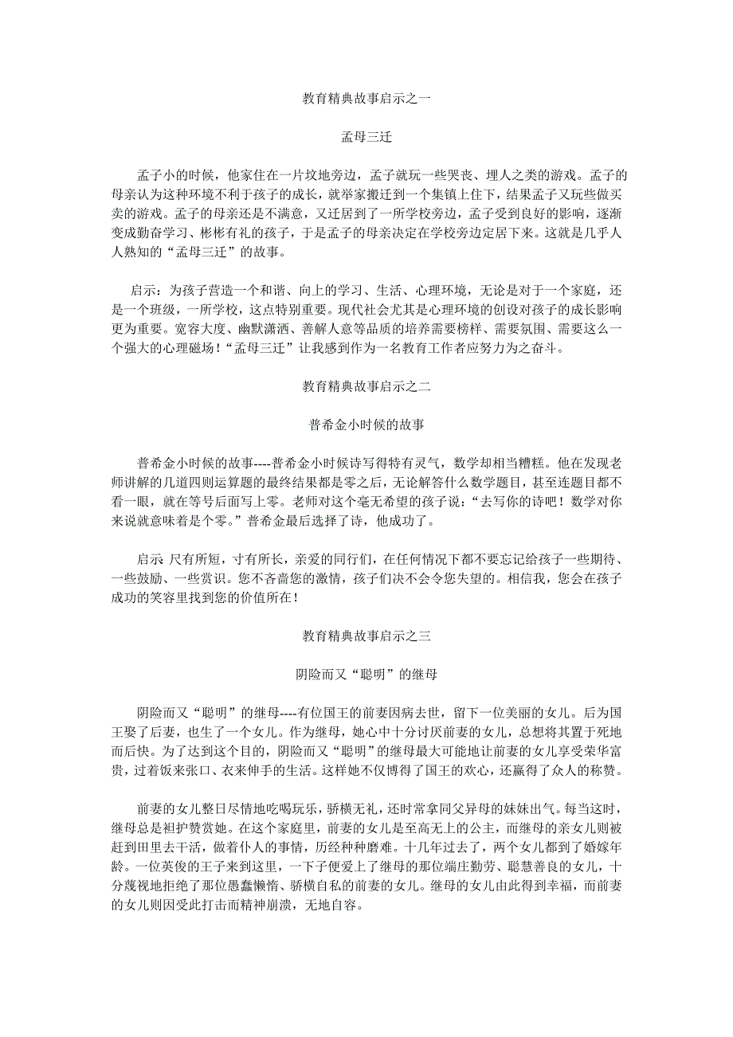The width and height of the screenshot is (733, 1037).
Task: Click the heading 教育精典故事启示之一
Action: tap(366, 100)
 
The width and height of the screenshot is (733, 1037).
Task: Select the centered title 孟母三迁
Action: tap(366, 137)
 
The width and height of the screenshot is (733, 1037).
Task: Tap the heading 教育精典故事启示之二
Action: tap(366, 387)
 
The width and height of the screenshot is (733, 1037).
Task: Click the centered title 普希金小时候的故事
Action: tap(366, 425)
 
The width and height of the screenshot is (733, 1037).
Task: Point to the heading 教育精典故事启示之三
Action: tap(366, 636)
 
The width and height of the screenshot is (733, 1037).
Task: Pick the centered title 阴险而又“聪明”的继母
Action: tap(366, 674)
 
